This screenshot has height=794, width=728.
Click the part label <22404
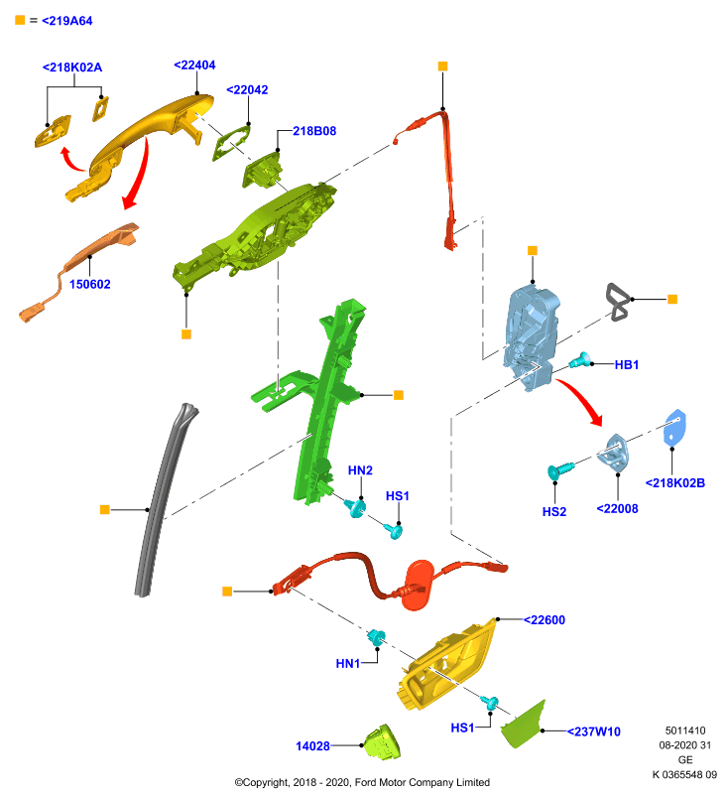tap(194, 66)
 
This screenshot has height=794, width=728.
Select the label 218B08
tap(314, 131)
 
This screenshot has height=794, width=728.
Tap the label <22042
tap(247, 90)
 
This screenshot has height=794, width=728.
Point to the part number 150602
tap(89, 284)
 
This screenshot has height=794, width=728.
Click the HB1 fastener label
tap(626, 364)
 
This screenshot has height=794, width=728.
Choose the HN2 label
tap(360, 470)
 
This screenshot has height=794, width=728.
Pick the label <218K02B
tap(674, 483)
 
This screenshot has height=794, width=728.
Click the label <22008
tap(617, 509)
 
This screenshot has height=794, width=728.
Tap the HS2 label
tap(554, 512)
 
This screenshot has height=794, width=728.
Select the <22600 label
tap(544, 620)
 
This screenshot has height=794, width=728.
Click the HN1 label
tap(348, 663)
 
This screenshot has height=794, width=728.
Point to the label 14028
tap(312, 746)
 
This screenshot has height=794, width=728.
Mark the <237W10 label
tap(593, 731)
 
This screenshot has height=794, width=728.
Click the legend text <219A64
tap(67, 21)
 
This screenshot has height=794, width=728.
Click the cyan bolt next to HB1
tap(580, 360)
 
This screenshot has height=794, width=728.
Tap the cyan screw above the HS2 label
tap(560, 469)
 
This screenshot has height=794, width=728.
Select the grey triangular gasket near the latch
tap(619, 303)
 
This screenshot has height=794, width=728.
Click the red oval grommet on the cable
tap(419, 585)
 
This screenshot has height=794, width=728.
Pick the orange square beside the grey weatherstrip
tap(105, 509)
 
